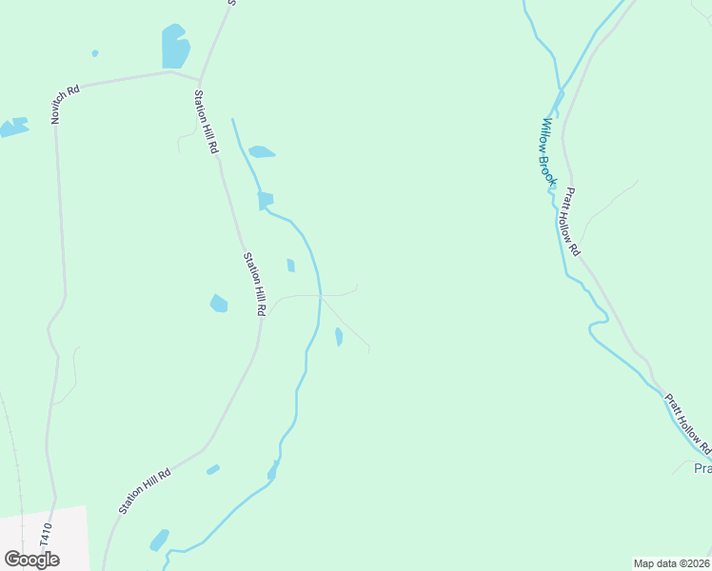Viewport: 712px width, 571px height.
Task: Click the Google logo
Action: [x=31, y=560]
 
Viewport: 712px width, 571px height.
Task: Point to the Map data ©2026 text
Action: [x=671, y=563]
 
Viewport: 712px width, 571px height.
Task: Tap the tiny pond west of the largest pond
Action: [x=95, y=53]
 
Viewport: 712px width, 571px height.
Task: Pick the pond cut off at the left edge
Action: [x=13, y=127]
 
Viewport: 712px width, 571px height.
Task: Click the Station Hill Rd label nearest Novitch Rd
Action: [x=206, y=122]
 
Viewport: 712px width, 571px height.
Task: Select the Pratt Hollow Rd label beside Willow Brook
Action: [x=571, y=221]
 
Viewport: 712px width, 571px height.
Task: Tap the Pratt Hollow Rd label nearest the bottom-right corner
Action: [x=688, y=423]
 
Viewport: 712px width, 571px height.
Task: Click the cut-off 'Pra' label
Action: [x=702, y=468]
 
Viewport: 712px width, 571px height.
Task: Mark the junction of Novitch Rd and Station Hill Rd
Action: [x=199, y=78]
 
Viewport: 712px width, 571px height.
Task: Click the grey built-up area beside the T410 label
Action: [x=43, y=539]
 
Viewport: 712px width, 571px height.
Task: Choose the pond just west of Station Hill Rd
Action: [x=219, y=304]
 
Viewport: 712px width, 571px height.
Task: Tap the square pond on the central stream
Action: [x=265, y=200]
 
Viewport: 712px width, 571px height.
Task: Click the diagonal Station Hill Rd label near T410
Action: [x=145, y=491]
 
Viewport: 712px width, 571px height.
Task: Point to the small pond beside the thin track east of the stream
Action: [x=339, y=337]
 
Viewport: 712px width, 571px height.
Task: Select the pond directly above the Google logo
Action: [x=159, y=540]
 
